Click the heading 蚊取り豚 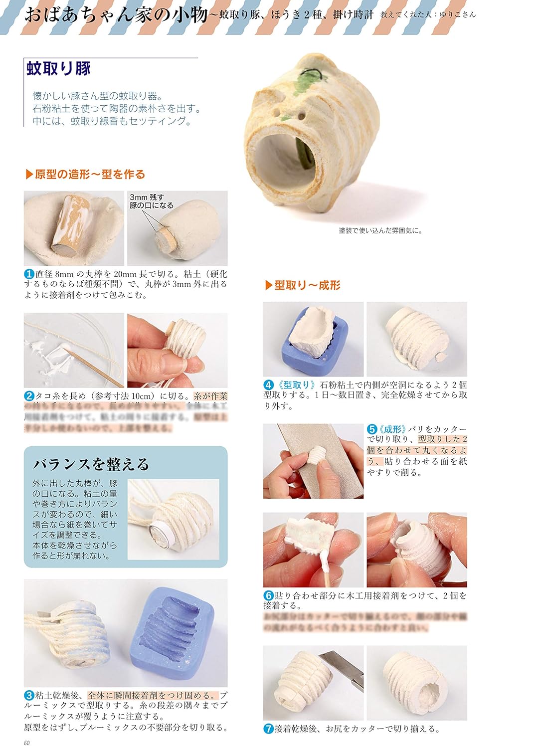(x=59, y=68)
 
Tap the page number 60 (x=27, y=743)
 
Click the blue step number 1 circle (x=29, y=274)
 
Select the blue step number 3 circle (x=29, y=695)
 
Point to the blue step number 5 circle (x=372, y=429)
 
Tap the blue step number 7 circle (x=268, y=729)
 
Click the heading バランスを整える (x=91, y=464)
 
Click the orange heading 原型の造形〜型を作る (x=85, y=174)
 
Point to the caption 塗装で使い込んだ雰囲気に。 (x=380, y=230)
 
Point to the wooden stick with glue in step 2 (x=95, y=368)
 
